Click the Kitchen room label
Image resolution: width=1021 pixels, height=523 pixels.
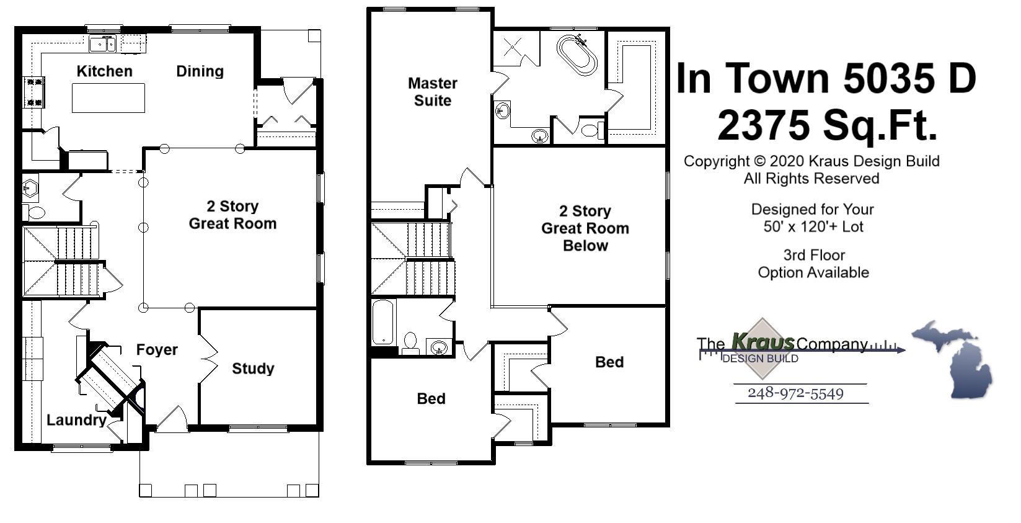[104, 71]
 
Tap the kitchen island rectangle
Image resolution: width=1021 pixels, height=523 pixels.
[108, 98]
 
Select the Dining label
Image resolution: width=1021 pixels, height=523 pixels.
[200, 71]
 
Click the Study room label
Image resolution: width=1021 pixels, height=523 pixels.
[253, 369]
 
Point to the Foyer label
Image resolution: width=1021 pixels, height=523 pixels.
[157, 350]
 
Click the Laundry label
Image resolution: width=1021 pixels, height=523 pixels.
[76, 420]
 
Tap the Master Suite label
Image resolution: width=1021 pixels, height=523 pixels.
[433, 92]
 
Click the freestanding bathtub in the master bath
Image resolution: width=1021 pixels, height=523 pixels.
[577, 55]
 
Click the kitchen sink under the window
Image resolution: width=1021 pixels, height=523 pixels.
[102, 44]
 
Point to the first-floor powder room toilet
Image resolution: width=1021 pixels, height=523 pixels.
[37, 213]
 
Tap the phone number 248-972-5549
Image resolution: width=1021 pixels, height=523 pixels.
[795, 393]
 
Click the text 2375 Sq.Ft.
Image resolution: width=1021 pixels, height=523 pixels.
[827, 125]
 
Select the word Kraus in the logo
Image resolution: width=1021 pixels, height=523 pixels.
[763, 342]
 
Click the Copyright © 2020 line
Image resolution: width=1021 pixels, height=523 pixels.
[811, 161]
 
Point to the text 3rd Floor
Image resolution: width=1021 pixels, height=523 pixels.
[814, 255]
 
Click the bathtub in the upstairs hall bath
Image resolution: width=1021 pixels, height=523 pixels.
[383, 321]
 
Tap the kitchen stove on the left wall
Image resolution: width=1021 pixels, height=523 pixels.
[33, 92]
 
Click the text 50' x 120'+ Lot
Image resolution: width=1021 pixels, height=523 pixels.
[813, 226]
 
